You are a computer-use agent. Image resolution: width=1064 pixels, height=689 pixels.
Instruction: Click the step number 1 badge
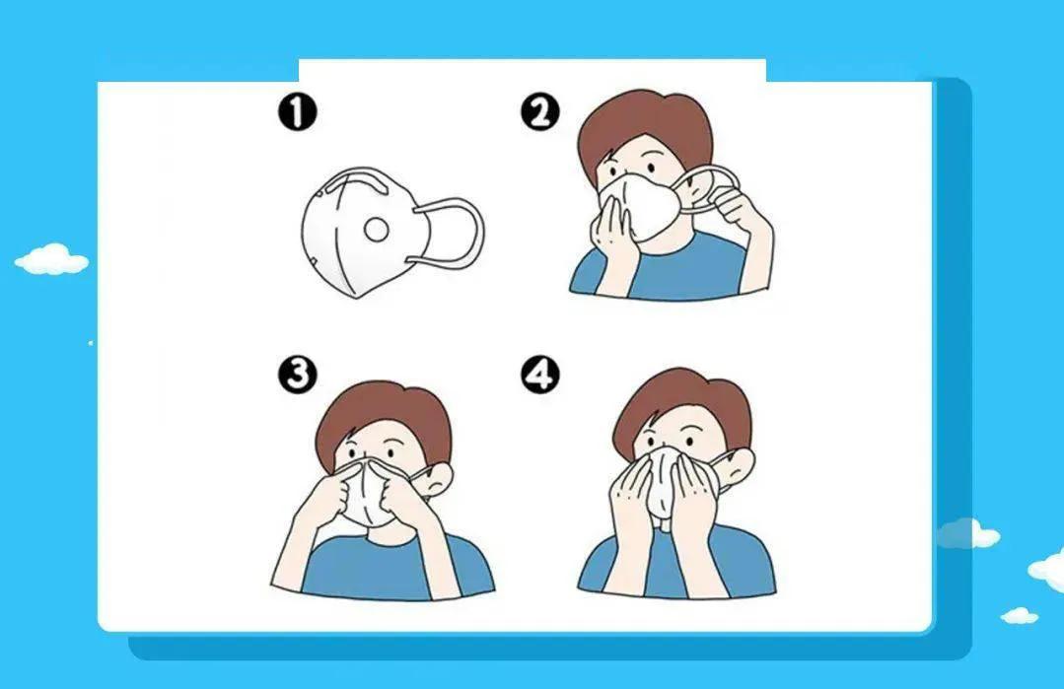297,112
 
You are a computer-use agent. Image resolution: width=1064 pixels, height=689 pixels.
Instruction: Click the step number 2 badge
540,112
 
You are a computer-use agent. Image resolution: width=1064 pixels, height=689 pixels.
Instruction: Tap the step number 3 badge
297,374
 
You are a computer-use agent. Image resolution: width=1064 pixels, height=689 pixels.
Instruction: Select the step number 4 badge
540,374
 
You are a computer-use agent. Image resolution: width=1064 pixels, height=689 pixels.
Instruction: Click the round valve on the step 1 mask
376,230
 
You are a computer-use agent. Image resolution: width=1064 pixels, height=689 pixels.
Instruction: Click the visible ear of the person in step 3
438,477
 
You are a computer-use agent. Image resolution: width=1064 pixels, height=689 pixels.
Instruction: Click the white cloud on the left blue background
51,260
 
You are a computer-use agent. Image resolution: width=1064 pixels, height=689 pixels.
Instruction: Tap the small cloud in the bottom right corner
1020,615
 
